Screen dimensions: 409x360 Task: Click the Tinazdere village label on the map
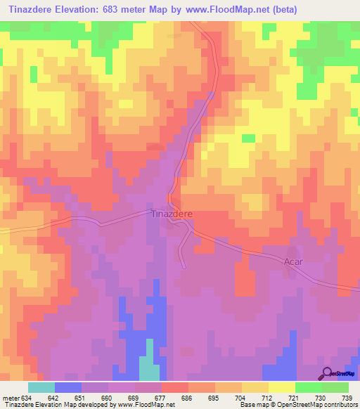click(169, 214)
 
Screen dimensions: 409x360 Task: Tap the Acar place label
click(295, 260)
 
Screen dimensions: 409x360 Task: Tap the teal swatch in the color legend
click(41, 388)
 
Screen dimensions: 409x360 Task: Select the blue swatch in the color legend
click(68, 388)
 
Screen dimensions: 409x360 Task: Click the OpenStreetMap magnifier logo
click(327, 373)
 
